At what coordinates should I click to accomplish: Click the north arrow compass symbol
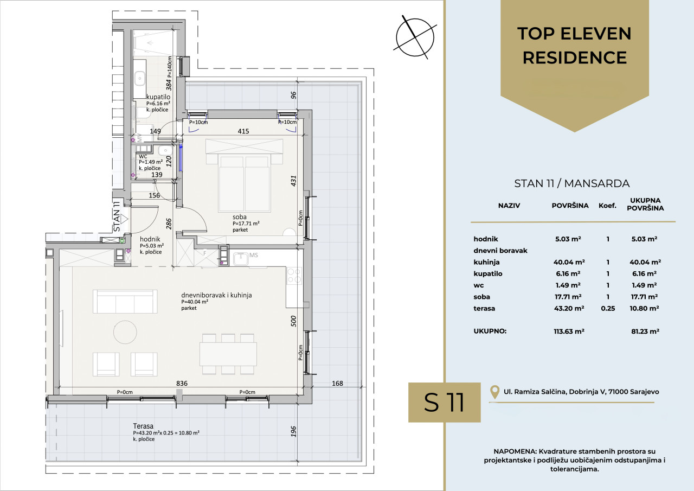point(415,37)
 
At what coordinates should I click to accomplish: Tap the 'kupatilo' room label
point(158,97)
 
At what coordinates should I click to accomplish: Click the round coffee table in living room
point(125,332)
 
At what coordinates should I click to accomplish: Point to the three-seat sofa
point(125,301)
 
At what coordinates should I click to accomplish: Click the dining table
point(228,354)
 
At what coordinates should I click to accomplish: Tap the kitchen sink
point(241,259)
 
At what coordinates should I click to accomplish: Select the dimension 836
point(182,383)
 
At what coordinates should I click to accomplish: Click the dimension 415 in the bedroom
point(243,131)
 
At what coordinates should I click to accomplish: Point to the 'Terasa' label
point(143,426)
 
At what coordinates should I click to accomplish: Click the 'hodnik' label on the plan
point(150,239)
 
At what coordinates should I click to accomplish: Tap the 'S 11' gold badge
point(444,403)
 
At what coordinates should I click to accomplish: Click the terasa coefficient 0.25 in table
point(608,308)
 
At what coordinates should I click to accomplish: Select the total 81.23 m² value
point(645,331)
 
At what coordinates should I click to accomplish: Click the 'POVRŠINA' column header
point(570,206)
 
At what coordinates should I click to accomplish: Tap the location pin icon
point(495,392)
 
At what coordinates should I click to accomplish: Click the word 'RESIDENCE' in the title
point(575,58)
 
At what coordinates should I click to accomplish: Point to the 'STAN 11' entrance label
point(117,216)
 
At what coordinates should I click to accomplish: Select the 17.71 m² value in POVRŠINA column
point(568,297)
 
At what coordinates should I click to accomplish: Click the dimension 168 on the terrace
point(337,383)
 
